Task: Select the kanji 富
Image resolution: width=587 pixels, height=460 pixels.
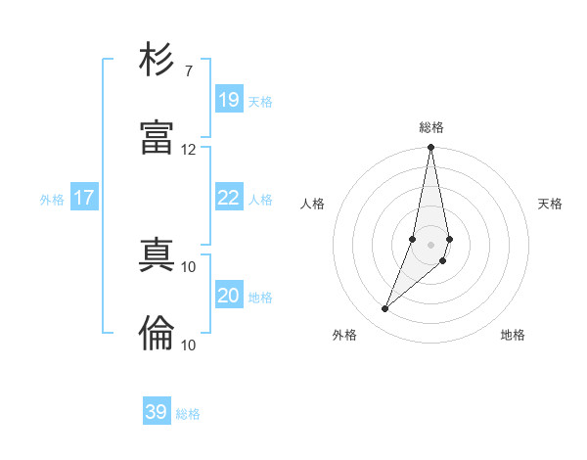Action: (x=157, y=137)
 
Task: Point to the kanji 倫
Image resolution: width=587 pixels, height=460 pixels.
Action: (x=157, y=333)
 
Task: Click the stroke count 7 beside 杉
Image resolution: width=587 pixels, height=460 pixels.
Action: (x=188, y=70)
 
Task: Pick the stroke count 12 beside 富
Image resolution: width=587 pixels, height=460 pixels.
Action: (x=188, y=149)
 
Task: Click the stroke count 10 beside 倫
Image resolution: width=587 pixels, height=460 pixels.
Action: (x=188, y=345)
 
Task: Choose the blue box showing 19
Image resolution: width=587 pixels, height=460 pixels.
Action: (x=228, y=100)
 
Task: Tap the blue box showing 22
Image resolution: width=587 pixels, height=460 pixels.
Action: (x=228, y=198)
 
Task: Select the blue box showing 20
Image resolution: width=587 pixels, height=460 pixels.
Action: (x=228, y=296)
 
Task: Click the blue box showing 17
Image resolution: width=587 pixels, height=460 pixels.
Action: (x=84, y=198)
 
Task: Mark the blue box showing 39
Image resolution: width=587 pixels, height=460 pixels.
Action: (x=157, y=412)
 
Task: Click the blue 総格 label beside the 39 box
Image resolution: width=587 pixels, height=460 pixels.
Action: (x=188, y=414)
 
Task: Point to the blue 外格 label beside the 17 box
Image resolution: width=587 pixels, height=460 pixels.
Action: (x=52, y=200)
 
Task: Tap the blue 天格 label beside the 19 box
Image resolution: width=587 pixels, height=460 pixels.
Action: (x=260, y=102)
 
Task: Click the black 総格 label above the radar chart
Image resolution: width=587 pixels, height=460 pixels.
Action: (x=431, y=127)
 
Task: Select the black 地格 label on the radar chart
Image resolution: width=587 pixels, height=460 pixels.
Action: (x=513, y=335)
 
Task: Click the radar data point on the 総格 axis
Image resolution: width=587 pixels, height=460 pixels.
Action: (x=430, y=148)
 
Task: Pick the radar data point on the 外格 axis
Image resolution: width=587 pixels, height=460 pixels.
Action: (x=385, y=309)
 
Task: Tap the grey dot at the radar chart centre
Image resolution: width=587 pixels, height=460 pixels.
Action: (x=430, y=244)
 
